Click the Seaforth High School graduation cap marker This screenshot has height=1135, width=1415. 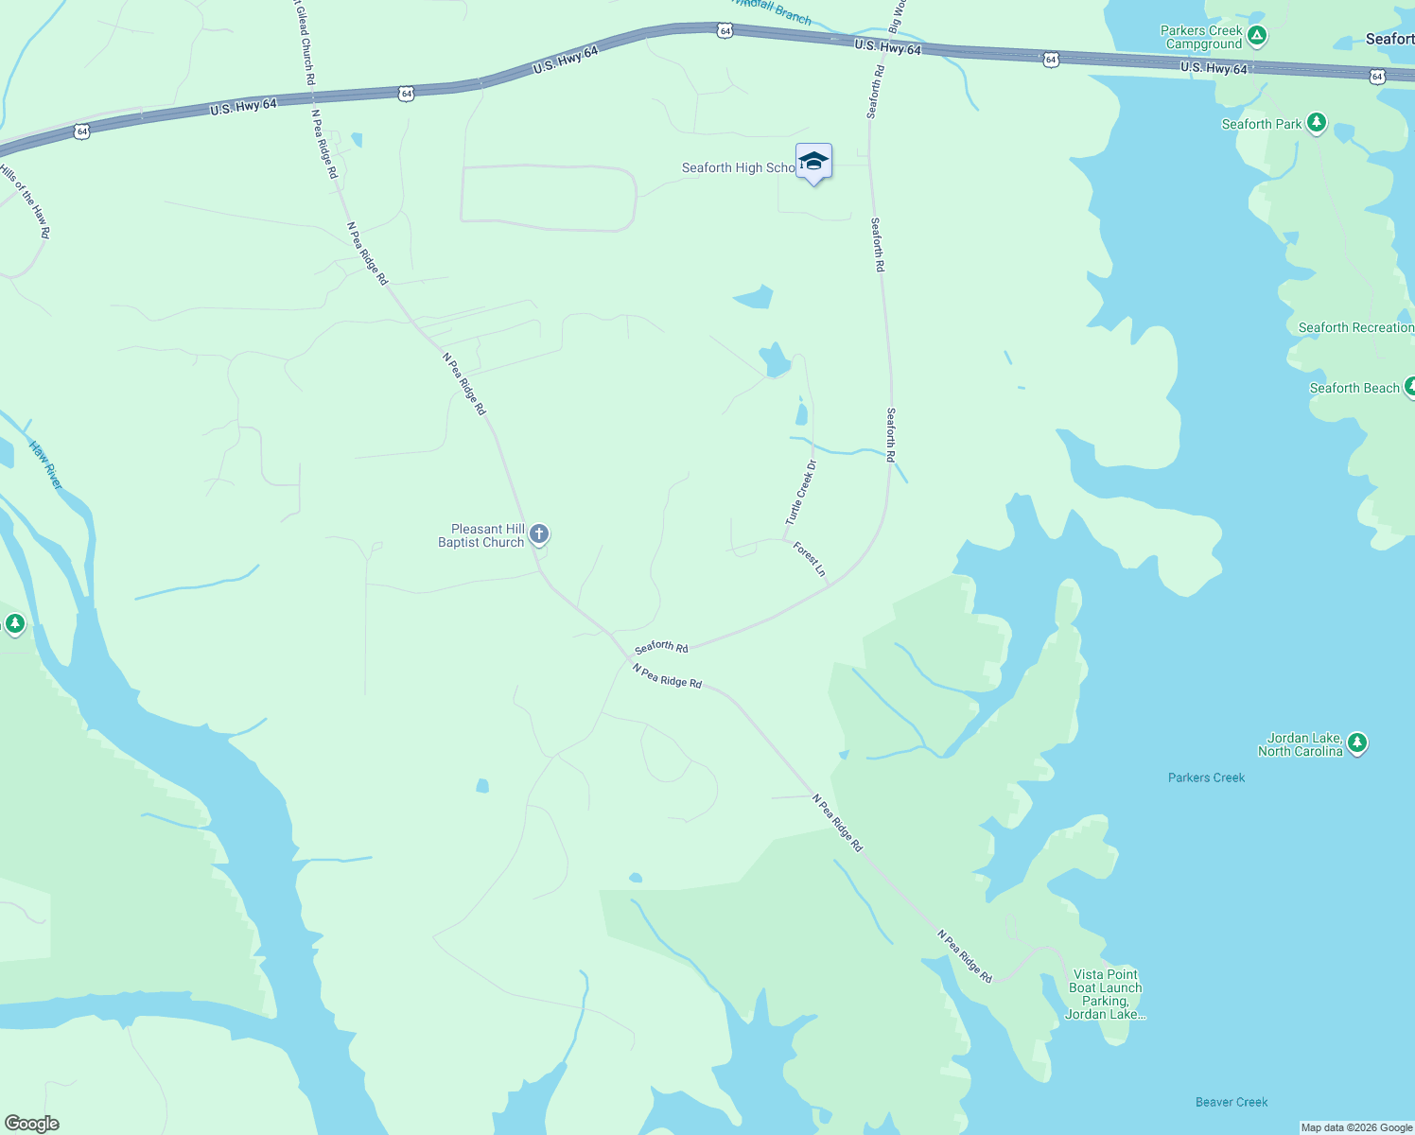coord(813,162)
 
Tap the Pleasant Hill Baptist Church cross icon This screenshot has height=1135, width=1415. coord(539,534)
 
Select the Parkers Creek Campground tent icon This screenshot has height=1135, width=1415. coord(1256,37)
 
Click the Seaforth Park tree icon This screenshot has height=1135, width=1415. coord(1316,123)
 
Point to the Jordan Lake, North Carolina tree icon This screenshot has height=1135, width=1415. coord(1357,743)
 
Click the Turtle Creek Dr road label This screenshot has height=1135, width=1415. coord(800,493)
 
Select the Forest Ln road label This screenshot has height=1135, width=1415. coord(810,559)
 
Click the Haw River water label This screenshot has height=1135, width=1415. coord(45,465)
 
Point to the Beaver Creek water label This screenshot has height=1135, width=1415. coord(1232,1102)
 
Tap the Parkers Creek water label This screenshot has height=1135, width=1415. coord(1206,777)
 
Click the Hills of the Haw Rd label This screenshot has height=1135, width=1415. coord(25,201)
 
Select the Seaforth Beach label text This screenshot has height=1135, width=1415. coord(1354,388)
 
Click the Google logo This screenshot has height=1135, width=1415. coord(32,1124)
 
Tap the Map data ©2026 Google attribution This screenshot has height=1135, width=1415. coord(1356,1127)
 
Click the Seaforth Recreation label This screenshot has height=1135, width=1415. coord(1355,327)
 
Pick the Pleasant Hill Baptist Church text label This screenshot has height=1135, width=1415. coord(481,535)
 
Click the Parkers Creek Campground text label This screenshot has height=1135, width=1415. coord(1202,37)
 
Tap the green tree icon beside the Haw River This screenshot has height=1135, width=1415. coord(14,623)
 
